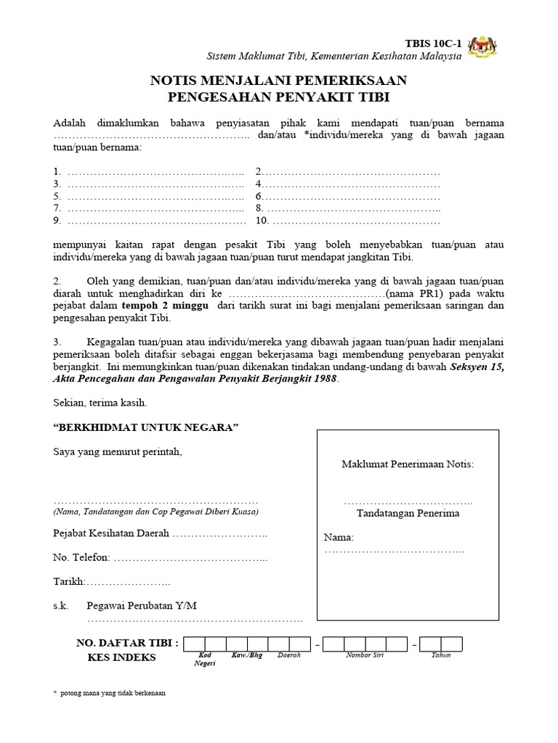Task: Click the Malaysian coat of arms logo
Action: (482, 47)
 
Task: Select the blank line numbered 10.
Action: (356, 221)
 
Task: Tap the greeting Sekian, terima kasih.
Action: (100, 402)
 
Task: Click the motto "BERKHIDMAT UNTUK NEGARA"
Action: (146, 427)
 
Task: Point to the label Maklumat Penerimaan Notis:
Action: (408, 464)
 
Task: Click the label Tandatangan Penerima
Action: (408, 513)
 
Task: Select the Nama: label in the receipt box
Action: (339, 538)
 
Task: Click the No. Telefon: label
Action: (81, 557)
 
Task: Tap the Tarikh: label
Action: (70, 582)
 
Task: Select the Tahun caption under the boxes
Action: (441, 655)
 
